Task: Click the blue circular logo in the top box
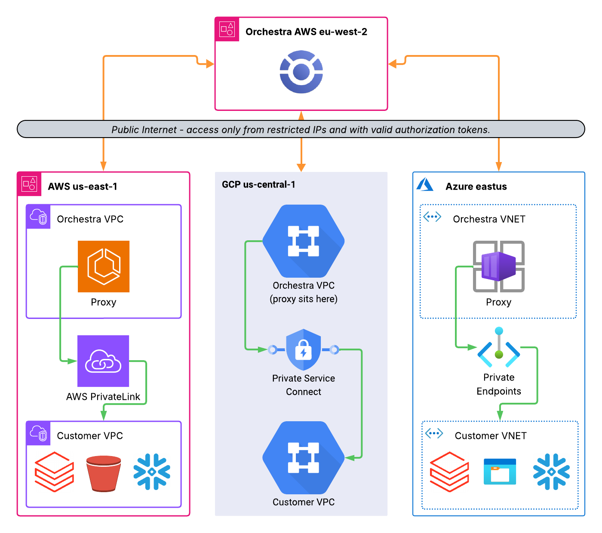pyautogui.click(x=301, y=72)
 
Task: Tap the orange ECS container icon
pyautogui.click(x=104, y=266)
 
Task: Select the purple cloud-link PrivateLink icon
pyautogui.click(x=103, y=361)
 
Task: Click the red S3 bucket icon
pyautogui.click(x=104, y=473)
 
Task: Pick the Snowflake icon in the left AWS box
pyautogui.click(x=152, y=472)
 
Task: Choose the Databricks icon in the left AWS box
pyautogui.click(x=54, y=472)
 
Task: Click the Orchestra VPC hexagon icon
pyautogui.click(x=303, y=241)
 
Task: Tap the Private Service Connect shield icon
pyautogui.click(x=303, y=350)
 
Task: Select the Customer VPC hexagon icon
pyautogui.click(x=303, y=457)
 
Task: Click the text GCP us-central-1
pyautogui.click(x=258, y=184)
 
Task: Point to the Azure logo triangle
pyautogui.click(x=425, y=184)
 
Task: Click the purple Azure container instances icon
pyautogui.click(x=499, y=266)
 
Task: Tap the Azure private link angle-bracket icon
pyautogui.click(x=499, y=348)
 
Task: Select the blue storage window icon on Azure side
pyautogui.click(x=500, y=472)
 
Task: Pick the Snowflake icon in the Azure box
pyautogui.click(x=551, y=472)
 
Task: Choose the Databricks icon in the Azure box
pyautogui.click(x=449, y=472)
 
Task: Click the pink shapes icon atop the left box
pyautogui.click(x=29, y=184)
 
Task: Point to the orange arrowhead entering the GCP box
pyautogui.click(x=301, y=167)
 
